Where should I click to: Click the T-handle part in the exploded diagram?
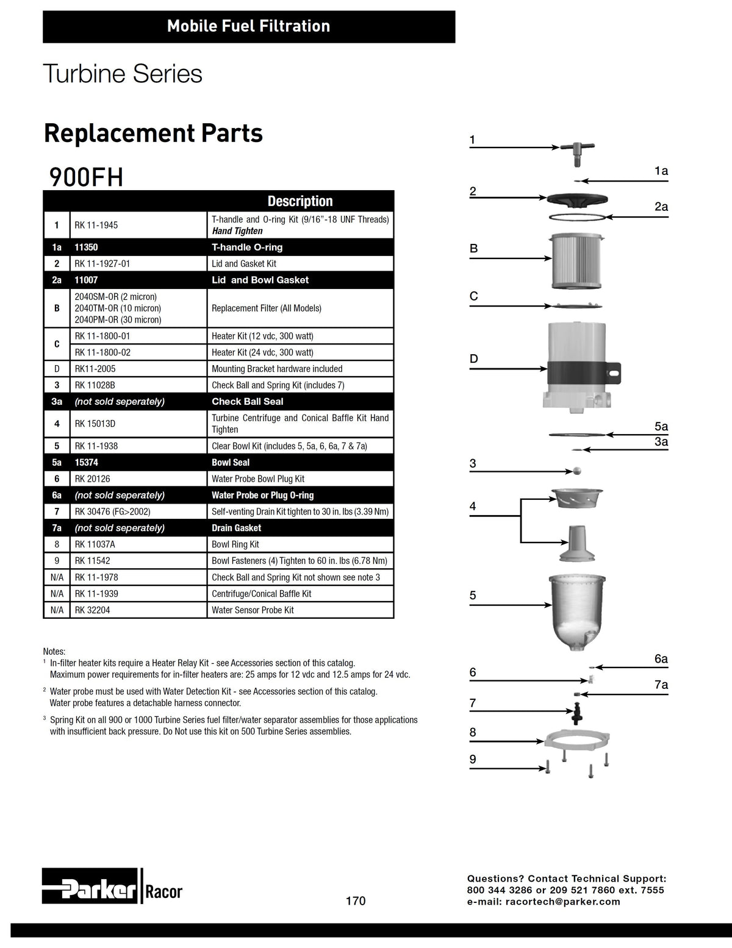(576, 151)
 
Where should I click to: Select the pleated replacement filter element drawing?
(576, 261)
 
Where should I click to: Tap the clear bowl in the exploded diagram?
(577, 612)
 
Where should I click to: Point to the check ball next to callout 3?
(577, 471)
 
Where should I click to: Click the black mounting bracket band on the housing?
(584, 372)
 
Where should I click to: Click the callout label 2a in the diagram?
(661, 206)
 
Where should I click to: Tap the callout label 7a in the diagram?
(661, 685)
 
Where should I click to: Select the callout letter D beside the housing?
(473, 358)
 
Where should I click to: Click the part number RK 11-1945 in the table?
(96, 225)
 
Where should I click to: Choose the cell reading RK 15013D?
(95, 424)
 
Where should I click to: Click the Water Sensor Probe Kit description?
(253, 610)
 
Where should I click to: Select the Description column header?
(300, 201)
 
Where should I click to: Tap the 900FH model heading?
(87, 177)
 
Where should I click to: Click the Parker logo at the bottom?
(90, 886)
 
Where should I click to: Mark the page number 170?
(356, 901)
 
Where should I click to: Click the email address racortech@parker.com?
(562, 902)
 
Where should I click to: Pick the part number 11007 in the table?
(86, 280)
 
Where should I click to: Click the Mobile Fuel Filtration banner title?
(249, 26)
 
